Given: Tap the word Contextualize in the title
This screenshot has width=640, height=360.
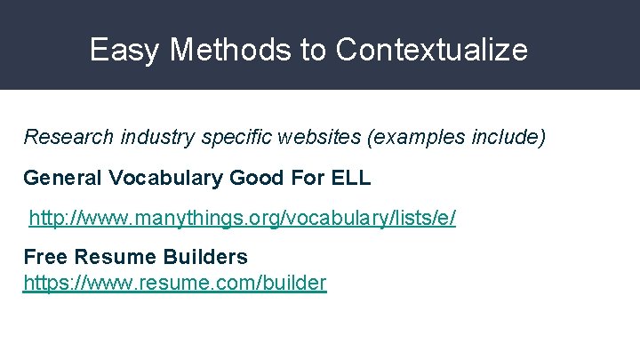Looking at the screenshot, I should point(431,50).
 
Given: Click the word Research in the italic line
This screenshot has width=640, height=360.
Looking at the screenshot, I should point(68,138).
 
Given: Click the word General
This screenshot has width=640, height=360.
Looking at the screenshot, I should point(63,178).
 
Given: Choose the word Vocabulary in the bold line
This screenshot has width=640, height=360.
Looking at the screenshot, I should point(166,178).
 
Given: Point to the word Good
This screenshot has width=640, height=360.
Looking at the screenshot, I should point(255,178).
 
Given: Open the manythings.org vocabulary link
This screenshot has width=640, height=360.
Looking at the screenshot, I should point(243,218).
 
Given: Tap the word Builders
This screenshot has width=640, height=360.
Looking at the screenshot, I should point(206,257).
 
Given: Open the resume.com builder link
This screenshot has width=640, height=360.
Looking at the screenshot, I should point(175,284).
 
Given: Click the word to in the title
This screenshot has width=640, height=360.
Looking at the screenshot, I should point(314,50).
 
